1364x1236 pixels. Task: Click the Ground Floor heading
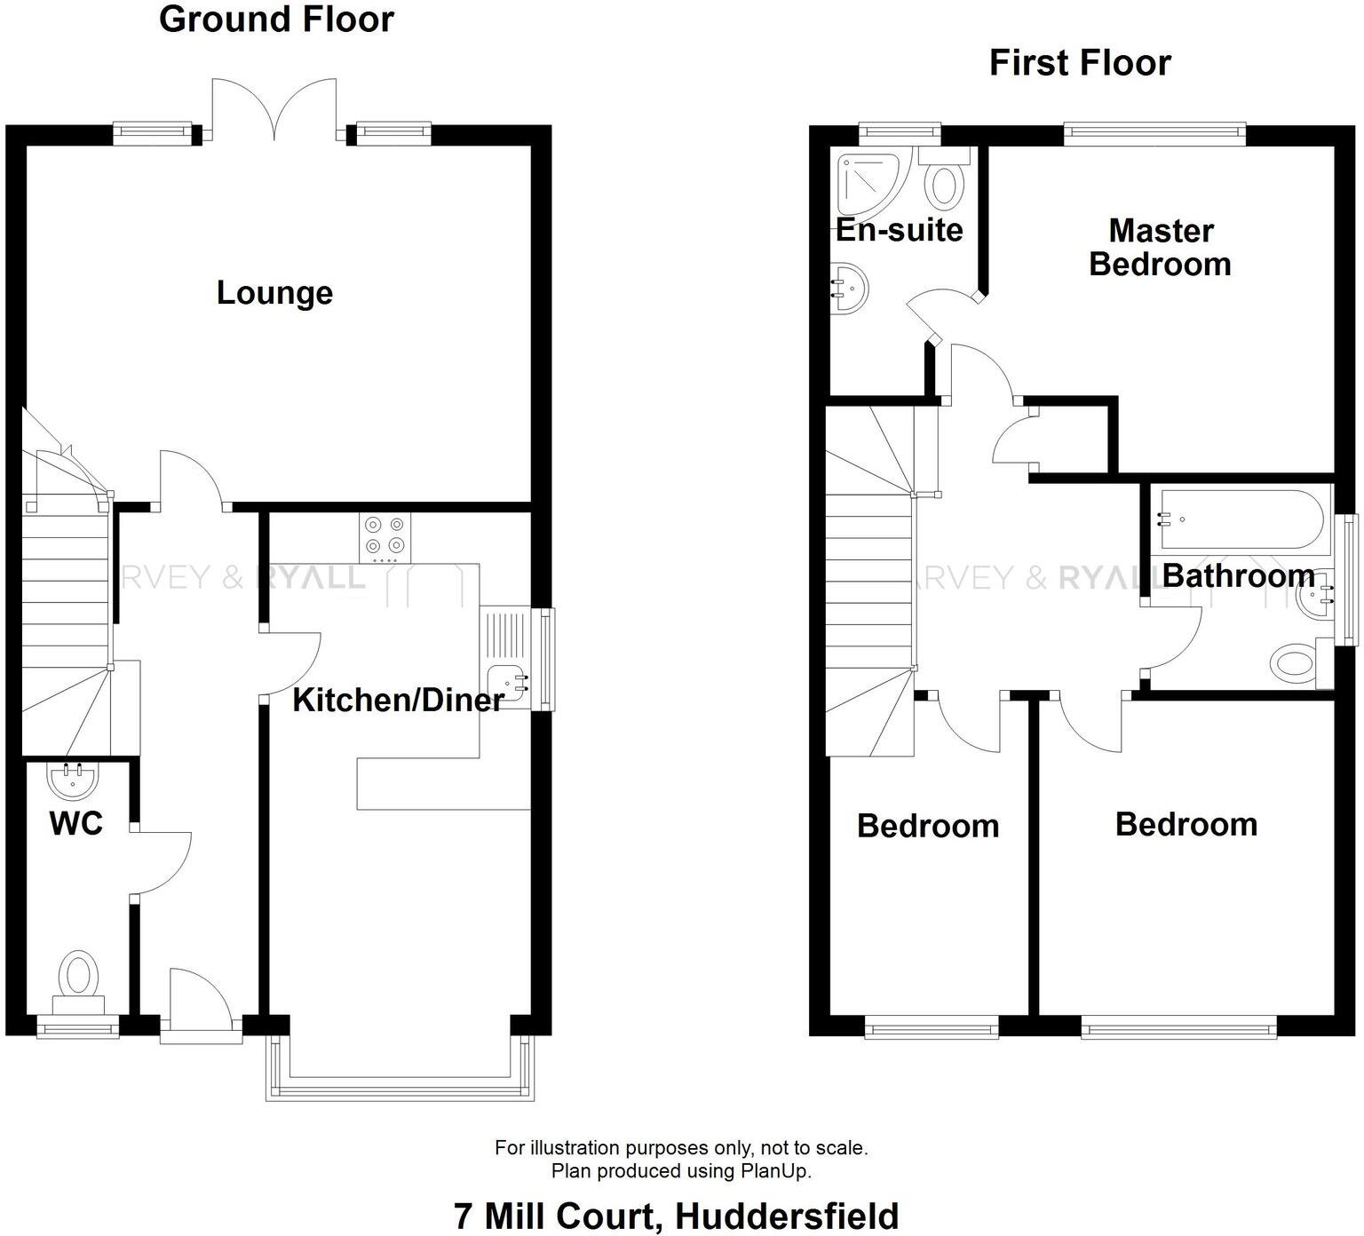click(x=276, y=20)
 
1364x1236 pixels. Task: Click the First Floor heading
click(x=1080, y=63)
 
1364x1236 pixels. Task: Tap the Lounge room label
click(x=274, y=293)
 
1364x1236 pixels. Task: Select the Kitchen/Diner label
click(x=398, y=701)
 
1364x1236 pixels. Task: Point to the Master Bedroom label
click(x=1160, y=248)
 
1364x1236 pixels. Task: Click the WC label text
click(x=76, y=823)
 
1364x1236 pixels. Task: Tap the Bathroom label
click(x=1238, y=576)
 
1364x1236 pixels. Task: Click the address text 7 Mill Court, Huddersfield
click(x=676, y=1216)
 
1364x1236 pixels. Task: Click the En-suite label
click(x=899, y=230)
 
